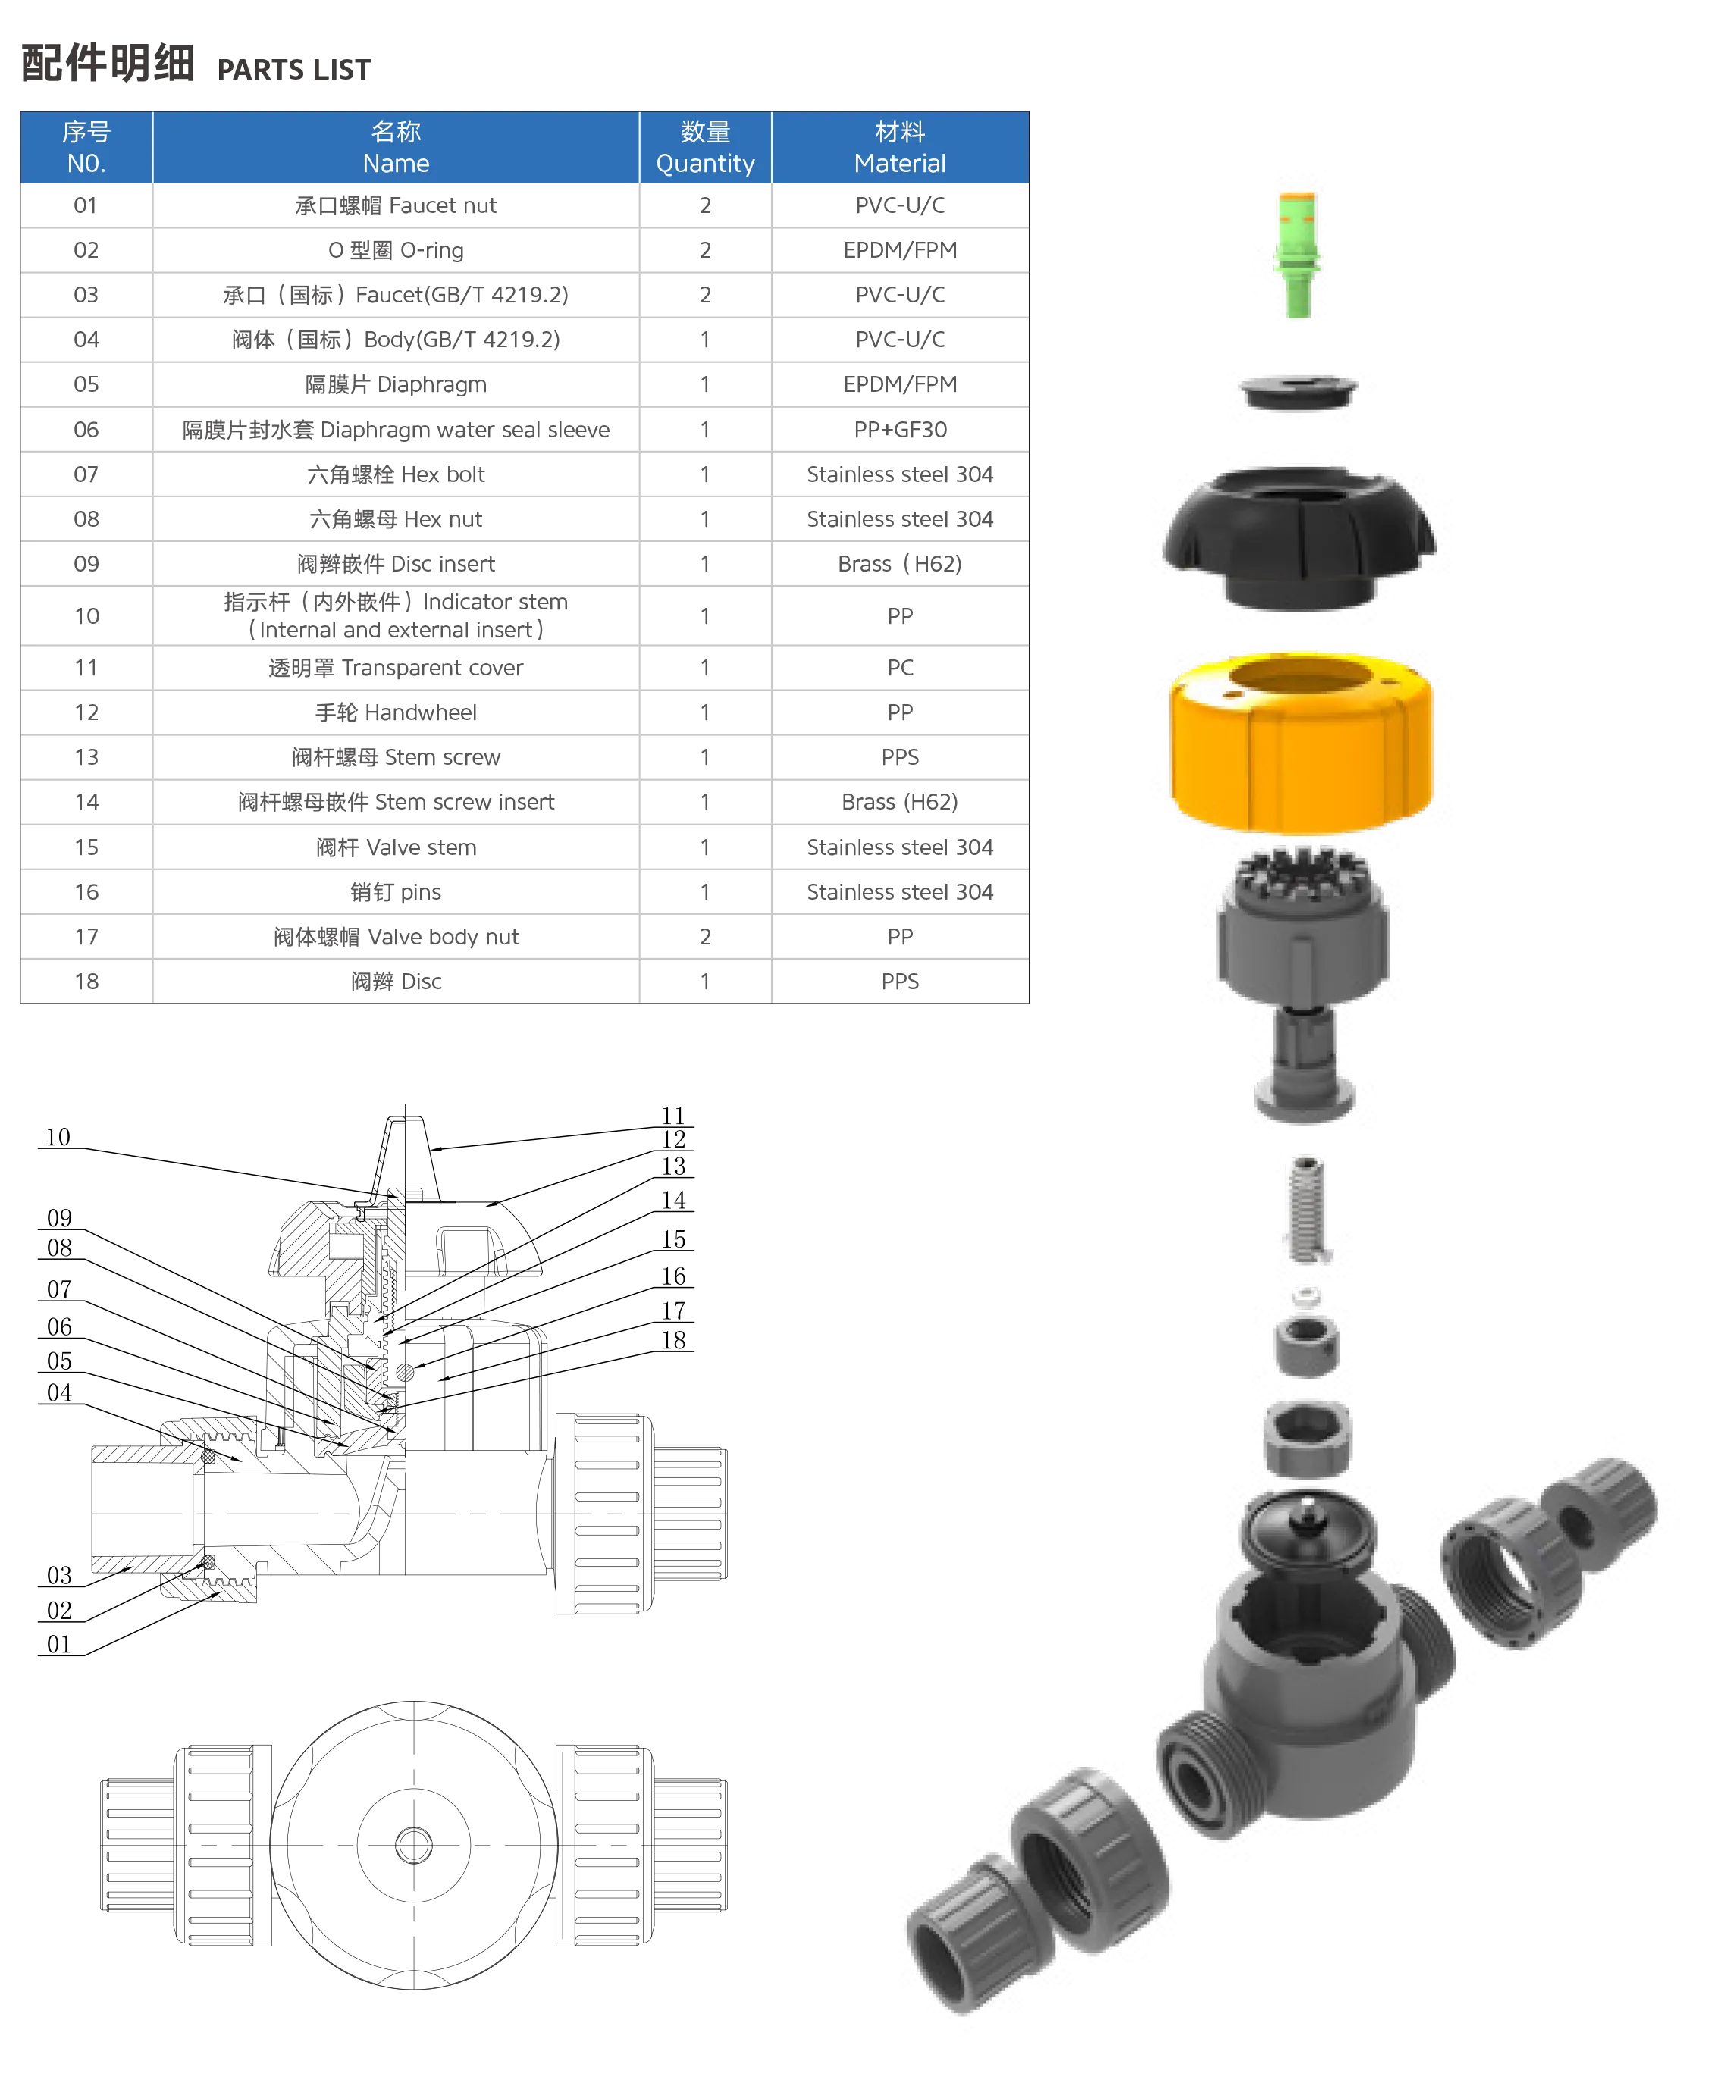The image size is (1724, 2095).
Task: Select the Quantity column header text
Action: click(705, 164)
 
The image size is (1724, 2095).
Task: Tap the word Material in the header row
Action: click(900, 164)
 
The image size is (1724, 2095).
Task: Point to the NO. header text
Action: click(86, 164)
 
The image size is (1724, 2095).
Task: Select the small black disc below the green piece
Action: click(1297, 390)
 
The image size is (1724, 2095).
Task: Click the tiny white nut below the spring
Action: click(1306, 1295)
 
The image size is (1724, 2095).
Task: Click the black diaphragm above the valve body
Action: click(1309, 1529)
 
